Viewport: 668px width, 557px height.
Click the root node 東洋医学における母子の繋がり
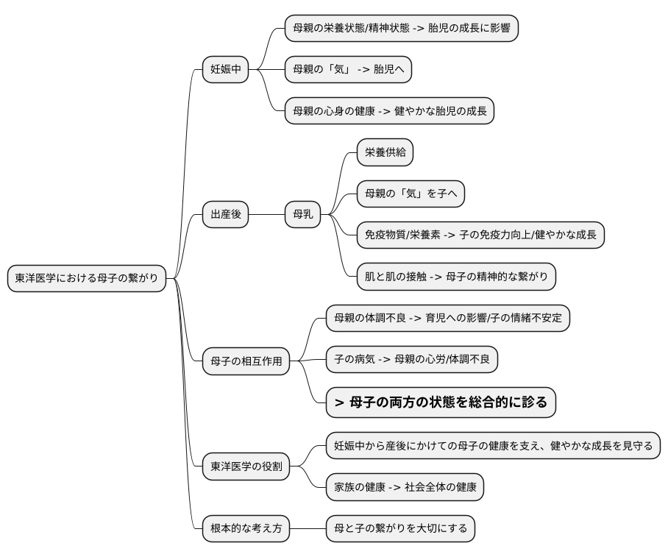[86, 278]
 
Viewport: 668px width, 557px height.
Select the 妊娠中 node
[225, 70]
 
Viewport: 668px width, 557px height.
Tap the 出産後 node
[225, 215]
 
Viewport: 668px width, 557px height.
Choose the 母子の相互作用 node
[246, 361]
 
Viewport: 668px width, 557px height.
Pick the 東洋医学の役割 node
[246, 466]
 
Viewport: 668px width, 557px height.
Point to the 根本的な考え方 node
[246, 528]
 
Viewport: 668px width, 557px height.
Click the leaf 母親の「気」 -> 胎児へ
[348, 70]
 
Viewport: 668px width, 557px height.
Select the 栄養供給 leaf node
[385, 152]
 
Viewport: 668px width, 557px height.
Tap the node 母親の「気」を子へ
[411, 194]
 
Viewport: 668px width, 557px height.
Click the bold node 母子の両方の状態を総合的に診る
[441, 402]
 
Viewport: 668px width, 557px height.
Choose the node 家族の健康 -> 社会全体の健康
[405, 486]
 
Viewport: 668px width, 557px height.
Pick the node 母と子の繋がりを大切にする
[400, 528]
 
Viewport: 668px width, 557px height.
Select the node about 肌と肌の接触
[456, 277]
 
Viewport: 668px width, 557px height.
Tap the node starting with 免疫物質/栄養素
[480, 235]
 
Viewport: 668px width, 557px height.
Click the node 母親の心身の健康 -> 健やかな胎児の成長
[389, 111]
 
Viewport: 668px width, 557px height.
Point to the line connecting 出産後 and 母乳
[266, 215]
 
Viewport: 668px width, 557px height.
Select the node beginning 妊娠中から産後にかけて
[493, 445]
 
